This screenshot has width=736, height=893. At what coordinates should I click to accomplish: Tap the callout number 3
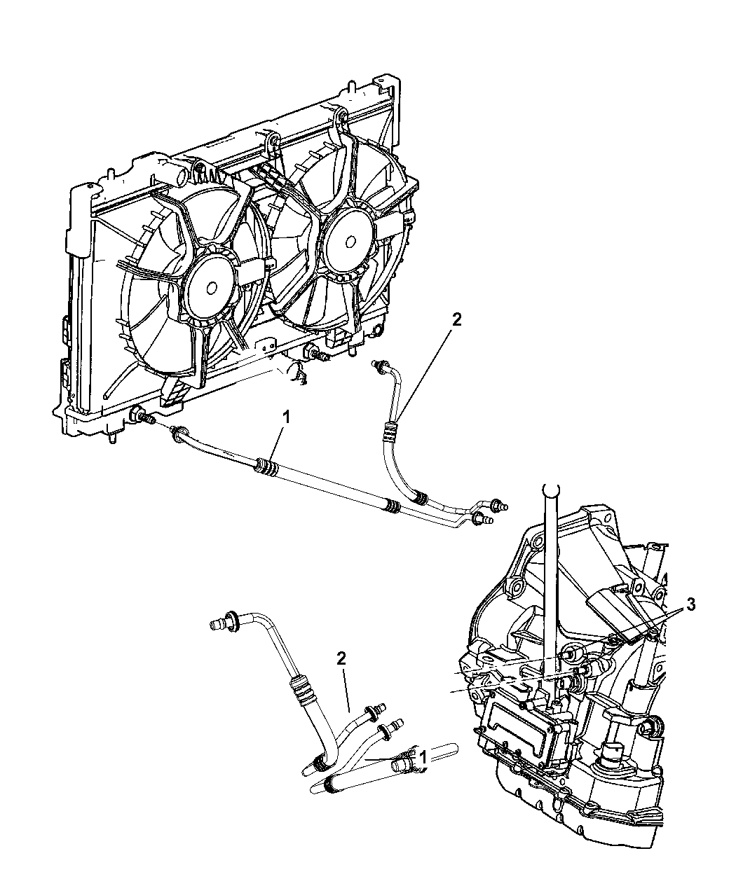click(x=690, y=606)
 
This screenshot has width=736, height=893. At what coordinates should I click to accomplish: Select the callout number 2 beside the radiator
click(x=456, y=320)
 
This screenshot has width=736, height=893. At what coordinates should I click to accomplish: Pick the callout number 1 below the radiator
click(x=284, y=417)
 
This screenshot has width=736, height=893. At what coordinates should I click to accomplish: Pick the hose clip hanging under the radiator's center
click(x=298, y=374)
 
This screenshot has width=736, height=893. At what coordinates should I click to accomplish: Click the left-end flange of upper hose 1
click(x=178, y=434)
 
